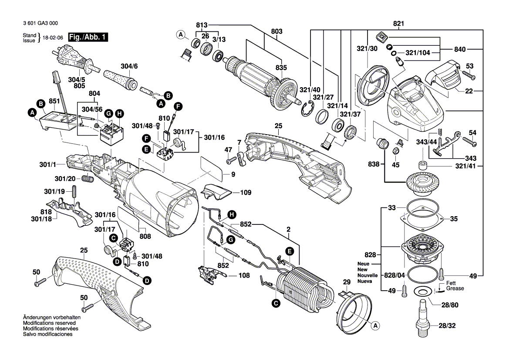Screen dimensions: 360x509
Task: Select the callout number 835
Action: (281, 68)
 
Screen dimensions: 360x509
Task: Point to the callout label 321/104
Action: (418, 52)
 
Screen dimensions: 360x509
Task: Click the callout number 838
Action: (373, 164)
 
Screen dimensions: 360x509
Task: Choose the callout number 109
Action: (246, 192)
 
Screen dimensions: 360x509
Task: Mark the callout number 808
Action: (145, 236)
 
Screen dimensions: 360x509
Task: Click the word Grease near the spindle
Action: (455, 289)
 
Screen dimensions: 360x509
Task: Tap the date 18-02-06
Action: (53, 38)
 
